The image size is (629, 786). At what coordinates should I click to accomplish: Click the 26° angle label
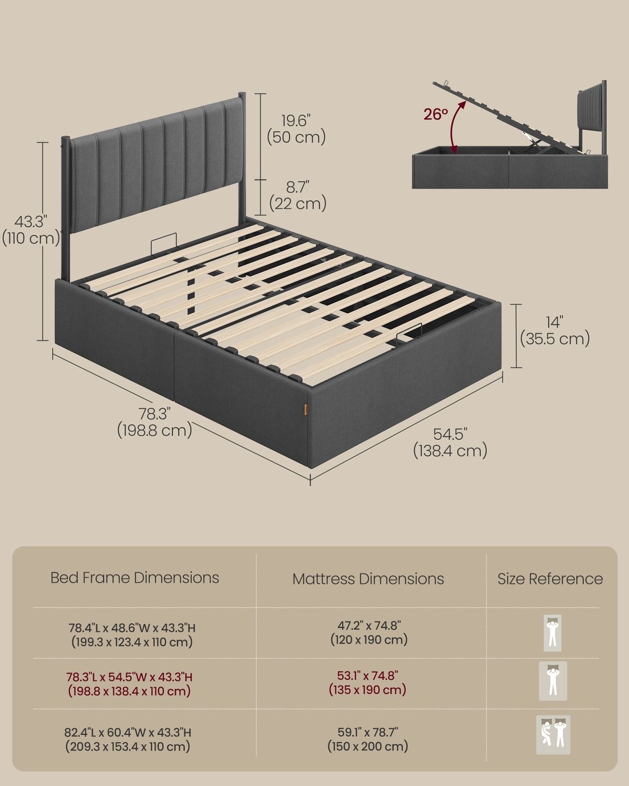click(436, 115)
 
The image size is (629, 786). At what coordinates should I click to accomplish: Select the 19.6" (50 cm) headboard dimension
click(296, 129)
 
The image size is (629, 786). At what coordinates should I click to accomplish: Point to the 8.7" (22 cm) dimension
click(298, 195)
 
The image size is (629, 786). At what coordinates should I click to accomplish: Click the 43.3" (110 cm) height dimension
click(31, 230)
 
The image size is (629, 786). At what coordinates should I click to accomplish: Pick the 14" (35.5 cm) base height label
click(555, 331)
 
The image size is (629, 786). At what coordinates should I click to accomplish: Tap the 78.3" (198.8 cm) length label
click(154, 422)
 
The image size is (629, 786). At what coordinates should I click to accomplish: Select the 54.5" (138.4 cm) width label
click(450, 442)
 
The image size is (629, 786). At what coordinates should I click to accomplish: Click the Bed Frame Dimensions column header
click(134, 578)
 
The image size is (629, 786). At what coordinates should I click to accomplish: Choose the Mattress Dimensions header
click(368, 579)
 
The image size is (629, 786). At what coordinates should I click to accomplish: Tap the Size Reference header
click(550, 579)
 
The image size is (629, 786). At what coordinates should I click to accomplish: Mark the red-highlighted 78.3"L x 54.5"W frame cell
click(129, 684)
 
